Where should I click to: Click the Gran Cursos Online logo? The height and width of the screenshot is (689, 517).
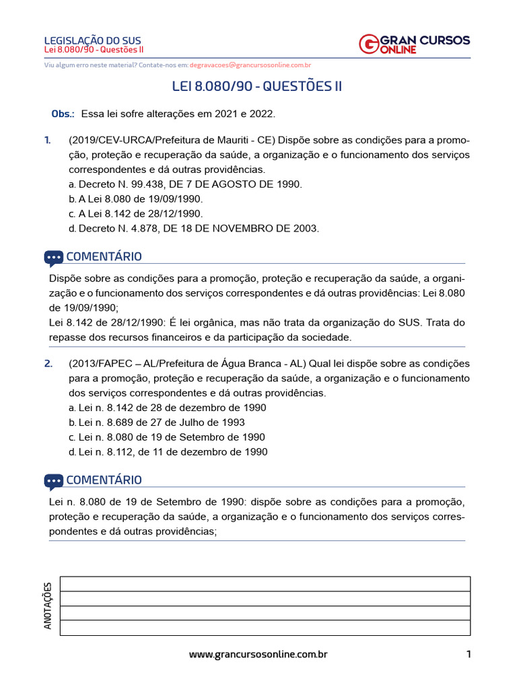pyautogui.click(x=414, y=44)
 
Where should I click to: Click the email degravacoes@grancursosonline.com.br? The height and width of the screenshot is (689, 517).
pyautogui.click(x=250, y=65)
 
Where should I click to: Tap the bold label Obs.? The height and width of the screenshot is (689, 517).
pyautogui.click(x=63, y=114)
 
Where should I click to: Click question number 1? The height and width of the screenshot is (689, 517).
pyautogui.click(x=47, y=140)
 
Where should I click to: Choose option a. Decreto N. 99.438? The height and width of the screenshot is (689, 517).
pyautogui.click(x=185, y=184)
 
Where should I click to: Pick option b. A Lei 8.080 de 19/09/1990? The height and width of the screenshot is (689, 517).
pyautogui.click(x=135, y=198)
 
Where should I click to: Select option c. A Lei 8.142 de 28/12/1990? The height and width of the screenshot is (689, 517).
pyautogui.click(x=135, y=213)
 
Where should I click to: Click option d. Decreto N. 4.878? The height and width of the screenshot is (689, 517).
pyautogui.click(x=193, y=228)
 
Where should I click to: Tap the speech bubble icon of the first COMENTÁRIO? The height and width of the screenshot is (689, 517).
pyautogui.click(x=54, y=257)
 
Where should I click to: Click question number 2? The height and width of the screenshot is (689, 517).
pyautogui.click(x=48, y=363)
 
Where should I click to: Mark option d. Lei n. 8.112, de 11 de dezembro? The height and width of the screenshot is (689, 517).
pyautogui.click(x=168, y=452)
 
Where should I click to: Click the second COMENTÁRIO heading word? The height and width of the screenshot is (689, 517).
pyautogui.click(x=104, y=480)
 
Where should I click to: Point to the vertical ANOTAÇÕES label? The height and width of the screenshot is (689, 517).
pyautogui.click(x=48, y=606)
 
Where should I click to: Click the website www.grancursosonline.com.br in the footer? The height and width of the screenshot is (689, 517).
pyautogui.click(x=258, y=654)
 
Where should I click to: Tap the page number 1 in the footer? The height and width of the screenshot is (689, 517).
pyautogui.click(x=468, y=654)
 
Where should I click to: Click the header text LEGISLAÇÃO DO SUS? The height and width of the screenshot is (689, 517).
pyautogui.click(x=92, y=40)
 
